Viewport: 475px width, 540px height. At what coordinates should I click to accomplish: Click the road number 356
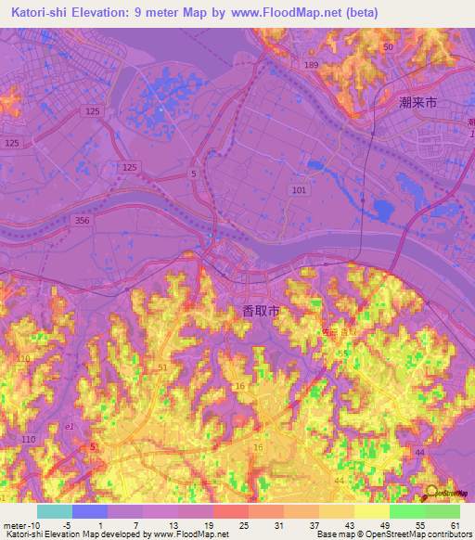coord(83,219)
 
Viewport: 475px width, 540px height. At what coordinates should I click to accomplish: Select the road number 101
coord(298,189)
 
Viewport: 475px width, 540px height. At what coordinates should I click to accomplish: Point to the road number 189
coord(310,65)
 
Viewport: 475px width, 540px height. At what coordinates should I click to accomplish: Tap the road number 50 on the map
coord(388,46)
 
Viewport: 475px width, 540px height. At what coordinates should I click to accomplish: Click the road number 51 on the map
coord(163,368)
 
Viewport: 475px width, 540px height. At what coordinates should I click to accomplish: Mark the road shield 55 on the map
coord(343,354)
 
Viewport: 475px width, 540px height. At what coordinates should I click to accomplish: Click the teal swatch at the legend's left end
coord(54,511)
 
